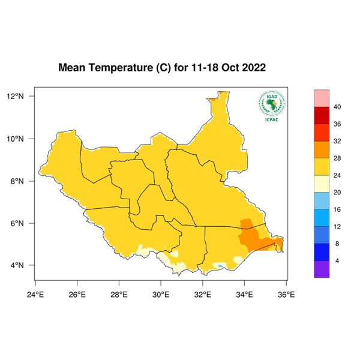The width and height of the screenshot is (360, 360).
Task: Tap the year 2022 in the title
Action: pos(251,68)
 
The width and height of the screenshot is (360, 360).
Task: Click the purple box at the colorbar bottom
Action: pos(322,269)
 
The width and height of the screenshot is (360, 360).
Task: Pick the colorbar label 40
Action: pos(337,107)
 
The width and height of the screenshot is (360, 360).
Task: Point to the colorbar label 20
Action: pos(337,193)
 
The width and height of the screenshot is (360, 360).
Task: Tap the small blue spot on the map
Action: pos(221,265)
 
